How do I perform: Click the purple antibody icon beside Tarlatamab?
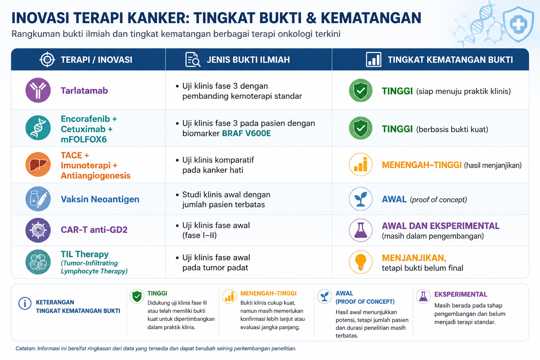click(x=38, y=90)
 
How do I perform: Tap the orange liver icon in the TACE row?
click(x=38, y=165)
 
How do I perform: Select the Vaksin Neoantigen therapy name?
click(x=100, y=199)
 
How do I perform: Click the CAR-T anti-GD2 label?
click(x=94, y=230)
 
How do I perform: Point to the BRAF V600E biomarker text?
click(x=246, y=133)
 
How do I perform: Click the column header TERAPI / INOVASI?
click(x=96, y=59)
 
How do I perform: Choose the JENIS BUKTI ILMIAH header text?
click(x=248, y=59)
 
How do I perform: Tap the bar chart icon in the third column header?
click(x=373, y=59)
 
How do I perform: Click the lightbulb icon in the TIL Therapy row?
click(x=361, y=262)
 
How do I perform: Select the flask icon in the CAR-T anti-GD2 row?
click(x=361, y=230)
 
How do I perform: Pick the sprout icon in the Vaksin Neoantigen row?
click(x=361, y=199)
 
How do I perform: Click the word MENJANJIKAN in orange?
click(x=414, y=258)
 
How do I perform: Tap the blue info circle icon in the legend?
click(x=25, y=303)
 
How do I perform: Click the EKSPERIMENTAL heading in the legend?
click(x=461, y=294)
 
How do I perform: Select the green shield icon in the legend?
click(x=137, y=296)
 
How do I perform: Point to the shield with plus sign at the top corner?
click(x=518, y=24)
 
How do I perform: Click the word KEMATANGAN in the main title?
click(x=371, y=18)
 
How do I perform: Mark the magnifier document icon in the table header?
click(x=193, y=59)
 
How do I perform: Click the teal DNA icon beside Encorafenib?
click(x=38, y=128)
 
